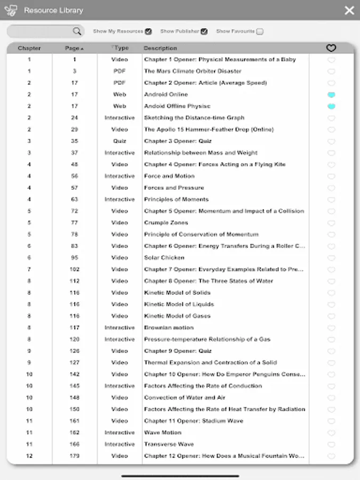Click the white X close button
pyautogui.click(x=349, y=10)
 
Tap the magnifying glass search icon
pyautogui.click(x=77, y=31)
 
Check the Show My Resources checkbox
pyautogui.click(x=148, y=31)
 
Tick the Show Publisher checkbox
pyautogui.click(x=204, y=31)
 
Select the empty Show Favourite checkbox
pyautogui.click(x=260, y=31)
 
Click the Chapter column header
pyautogui.click(x=29, y=49)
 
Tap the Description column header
pyautogui.click(x=160, y=49)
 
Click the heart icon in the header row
pyautogui.click(x=331, y=49)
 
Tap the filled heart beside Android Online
pyautogui.click(x=331, y=94)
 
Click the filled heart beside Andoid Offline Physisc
pyautogui.click(x=331, y=106)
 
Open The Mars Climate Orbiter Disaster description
pyautogui.click(x=193, y=71)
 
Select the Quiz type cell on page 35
pyautogui.click(x=119, y=141)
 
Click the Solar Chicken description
pyautogui.click(x=164, y=258)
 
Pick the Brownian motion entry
pyautogui.click(x=169, y=328)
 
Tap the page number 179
pyautogui.click(x=75, y=456)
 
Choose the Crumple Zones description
pyautogui.click(x=166, y=223)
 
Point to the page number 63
pyautogui.click(x=75, y=199)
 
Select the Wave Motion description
pyautogui.click(x=163, y=433)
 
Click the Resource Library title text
pyautogui.click(x=53, y=10)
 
